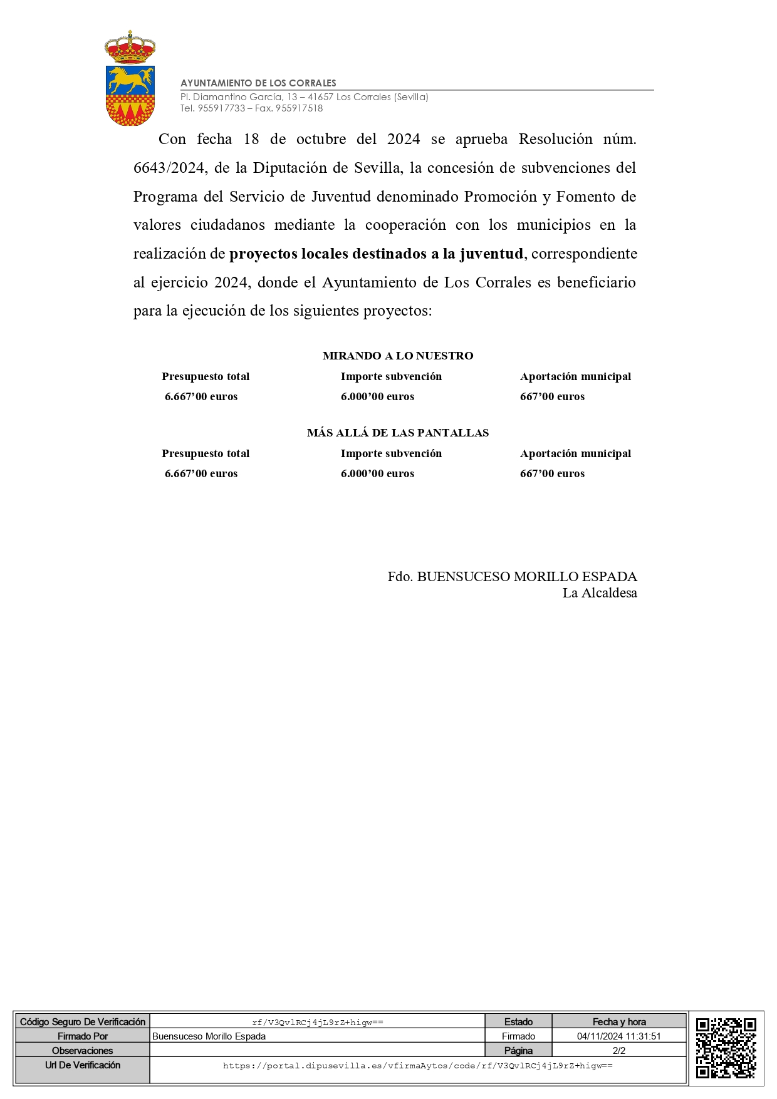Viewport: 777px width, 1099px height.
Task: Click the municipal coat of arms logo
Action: tap(130, 78)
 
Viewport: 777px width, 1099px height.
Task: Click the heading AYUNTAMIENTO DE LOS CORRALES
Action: tap(258, 83)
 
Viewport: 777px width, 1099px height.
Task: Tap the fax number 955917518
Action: tap(299, 108)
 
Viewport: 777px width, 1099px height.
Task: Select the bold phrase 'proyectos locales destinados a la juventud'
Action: tap(376, 254)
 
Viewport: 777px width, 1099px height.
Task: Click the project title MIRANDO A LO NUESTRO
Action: tap(398, 356)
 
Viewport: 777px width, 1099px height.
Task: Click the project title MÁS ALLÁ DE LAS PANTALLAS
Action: tap(398, 433)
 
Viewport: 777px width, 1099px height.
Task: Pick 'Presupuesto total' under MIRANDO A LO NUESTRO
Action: tap(206, 376)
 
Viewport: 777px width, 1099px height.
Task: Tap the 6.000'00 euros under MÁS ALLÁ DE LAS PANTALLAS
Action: tap(377, 473)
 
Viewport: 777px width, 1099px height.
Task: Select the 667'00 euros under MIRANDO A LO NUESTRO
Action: tap(552, 396)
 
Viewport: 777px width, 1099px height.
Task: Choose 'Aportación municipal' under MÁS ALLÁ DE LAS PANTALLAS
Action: tap(575, 453)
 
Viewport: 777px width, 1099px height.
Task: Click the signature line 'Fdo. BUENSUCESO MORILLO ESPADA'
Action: tap(512, 577)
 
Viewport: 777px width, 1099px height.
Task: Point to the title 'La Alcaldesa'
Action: tap(600, 593)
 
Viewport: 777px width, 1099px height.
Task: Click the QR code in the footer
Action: tap(726, 1048)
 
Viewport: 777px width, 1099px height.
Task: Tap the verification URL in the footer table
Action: tap(418, 1066)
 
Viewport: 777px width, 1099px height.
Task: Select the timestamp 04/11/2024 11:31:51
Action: tap(618, 1036)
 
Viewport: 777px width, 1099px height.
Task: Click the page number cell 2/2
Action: tap(618, 1051)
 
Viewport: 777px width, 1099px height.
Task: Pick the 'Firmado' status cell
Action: tap(518, 1036)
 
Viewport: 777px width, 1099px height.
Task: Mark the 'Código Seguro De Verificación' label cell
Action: tap(83, 1022)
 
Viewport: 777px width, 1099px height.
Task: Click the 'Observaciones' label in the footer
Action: tap(83, 1051)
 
